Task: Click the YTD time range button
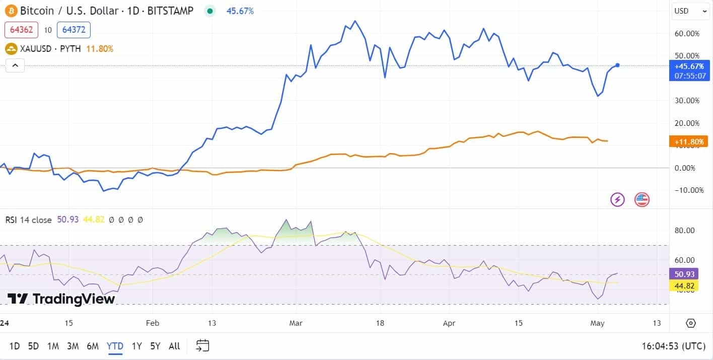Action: click(115, 346)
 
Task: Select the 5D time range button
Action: click(33, 346)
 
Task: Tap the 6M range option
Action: click(93, 346)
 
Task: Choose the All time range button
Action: click(174, 346)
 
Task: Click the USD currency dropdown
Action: click(690, 11)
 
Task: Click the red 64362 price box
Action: click(21, 30)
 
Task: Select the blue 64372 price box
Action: click(74, 30)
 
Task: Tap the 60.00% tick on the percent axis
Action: click(687, 34)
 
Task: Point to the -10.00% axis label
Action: click(687, 190)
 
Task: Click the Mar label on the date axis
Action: click(296, 323)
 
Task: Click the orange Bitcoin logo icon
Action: click(11, 11)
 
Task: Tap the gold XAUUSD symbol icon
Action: click(11, 49)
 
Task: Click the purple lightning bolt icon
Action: click(617, 199)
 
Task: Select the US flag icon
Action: click(641, 199)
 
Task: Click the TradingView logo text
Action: click(61, 299)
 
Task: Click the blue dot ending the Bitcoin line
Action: click(617, 65)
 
